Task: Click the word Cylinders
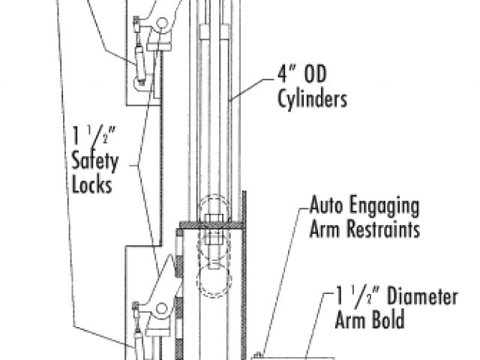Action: pyautogui.click(x=314, y=99)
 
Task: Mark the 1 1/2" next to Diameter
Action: pyautogui.click(x=356, y=297)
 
